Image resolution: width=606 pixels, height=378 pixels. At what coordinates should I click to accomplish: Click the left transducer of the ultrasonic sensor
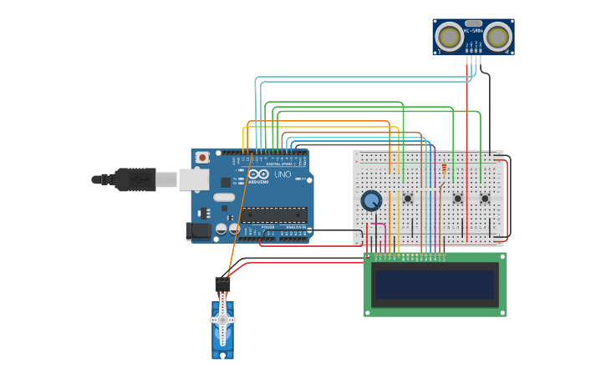click(450, 37)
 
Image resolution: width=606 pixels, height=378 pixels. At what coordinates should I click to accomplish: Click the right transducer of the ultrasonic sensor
click(497, 37)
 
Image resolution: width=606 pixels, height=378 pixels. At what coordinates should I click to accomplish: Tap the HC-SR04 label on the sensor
click(473, 31)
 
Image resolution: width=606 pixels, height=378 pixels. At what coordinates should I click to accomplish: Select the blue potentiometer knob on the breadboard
click(371, 200)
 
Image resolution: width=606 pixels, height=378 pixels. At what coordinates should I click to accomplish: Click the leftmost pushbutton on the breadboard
click(408, 199)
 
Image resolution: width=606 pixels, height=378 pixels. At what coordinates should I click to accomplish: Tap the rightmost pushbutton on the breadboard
click(485, 199)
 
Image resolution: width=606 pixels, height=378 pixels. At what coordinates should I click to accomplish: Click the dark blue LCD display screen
click(435, 285)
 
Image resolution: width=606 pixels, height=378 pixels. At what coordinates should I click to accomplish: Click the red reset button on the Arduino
click(202, 157)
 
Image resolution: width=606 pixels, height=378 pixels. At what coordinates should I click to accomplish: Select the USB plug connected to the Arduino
click(166, 179)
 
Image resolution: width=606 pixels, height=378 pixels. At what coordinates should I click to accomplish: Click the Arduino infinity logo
click(257, 174)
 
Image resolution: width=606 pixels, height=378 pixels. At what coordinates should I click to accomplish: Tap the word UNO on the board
click(283, 174)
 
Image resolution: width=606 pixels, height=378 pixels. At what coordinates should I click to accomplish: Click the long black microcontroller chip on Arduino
click(274, 214)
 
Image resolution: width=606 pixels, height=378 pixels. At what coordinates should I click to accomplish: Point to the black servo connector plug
click(222, 284)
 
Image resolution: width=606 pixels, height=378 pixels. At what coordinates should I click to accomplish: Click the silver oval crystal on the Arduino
click(224, 198)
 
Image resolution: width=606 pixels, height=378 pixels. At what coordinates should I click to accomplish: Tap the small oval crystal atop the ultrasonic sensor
click(473, 23)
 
